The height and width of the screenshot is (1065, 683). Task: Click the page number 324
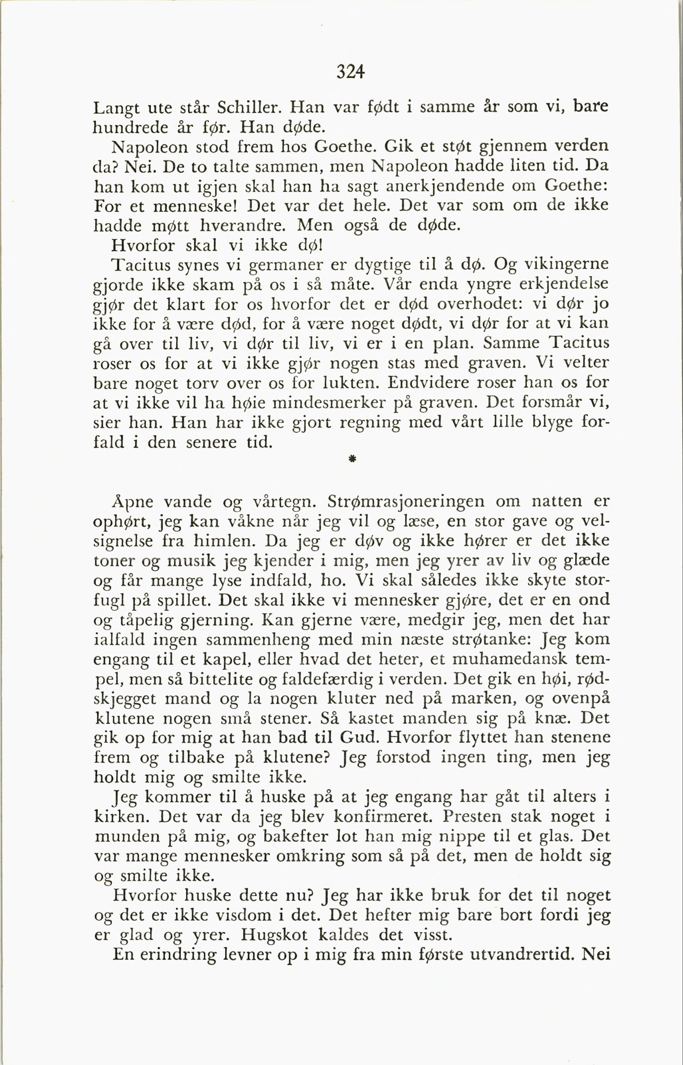pyautogui.click(x=350, y=71)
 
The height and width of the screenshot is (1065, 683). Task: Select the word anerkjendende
pyautogui.click(x=445, y=186)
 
